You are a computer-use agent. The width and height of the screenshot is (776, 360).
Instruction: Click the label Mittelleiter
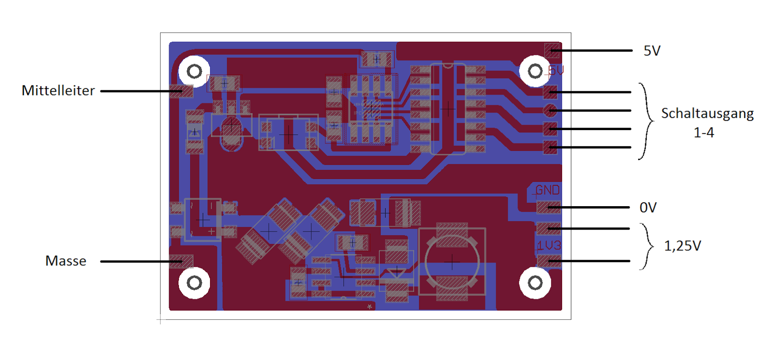tap(58, 91)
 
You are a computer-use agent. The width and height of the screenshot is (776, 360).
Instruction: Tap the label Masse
tap(66, 261)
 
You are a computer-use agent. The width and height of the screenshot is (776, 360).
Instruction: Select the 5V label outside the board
tap(652, 51)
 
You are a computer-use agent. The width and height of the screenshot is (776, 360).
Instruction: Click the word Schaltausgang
tap(707, 114)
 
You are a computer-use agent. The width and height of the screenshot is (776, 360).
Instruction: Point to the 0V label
tap(648, 208)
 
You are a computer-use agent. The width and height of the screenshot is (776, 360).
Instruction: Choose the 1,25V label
tap(682, 246)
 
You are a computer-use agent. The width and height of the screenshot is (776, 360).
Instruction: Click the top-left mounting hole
tap(194, 72)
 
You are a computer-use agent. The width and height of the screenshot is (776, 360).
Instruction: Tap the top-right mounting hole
tap(535, 72)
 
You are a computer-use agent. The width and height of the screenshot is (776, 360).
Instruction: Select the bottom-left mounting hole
tap(194, 283)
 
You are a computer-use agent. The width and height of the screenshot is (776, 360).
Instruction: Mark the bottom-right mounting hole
tap(535, 283)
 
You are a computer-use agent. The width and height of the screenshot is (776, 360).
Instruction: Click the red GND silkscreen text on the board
tap(548, 190)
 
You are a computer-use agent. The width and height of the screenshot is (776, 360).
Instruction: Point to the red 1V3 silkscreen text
tap(549, 245)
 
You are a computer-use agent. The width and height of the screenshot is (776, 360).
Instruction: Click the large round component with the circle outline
tap(452, 262)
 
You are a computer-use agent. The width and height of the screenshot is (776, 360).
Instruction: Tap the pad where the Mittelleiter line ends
tap(182, 91)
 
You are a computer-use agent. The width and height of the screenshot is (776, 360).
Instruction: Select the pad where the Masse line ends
tap(181, 262)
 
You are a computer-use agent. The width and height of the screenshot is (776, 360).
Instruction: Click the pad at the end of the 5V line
tap(551, 50)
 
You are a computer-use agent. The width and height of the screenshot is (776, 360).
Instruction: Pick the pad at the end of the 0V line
tap(549, 208)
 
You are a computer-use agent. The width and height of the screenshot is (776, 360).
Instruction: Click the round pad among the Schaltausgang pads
tap(550, 110)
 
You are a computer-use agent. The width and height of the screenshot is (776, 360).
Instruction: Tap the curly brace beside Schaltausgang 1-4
tap(646, 121)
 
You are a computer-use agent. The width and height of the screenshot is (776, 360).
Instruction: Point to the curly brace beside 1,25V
tap(646, 246)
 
